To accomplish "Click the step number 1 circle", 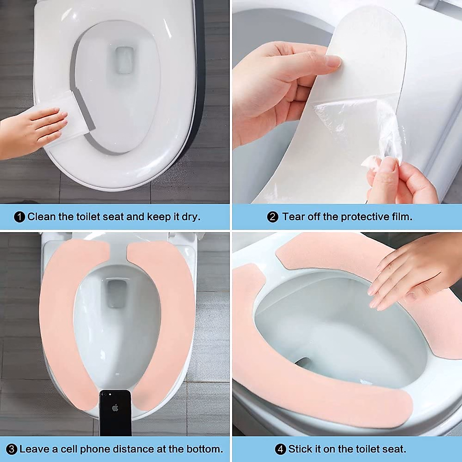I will point(20,217).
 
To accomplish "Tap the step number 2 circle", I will point(273,217).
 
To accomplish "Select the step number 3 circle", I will point(12,449).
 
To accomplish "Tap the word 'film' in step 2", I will point(401,217).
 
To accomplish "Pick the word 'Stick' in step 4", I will point(300,449).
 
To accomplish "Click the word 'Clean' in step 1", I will point(42,217).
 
